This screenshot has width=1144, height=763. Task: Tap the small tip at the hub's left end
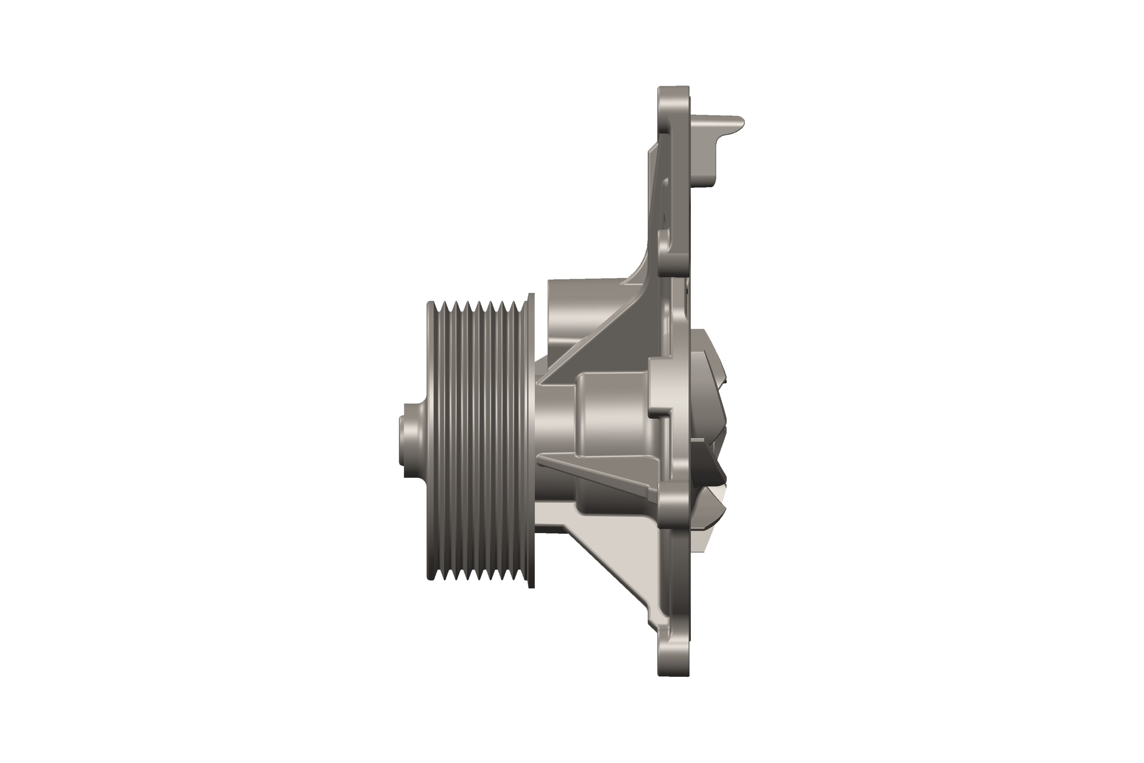point(401,440)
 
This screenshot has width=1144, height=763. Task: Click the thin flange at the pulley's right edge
point(531,440)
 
